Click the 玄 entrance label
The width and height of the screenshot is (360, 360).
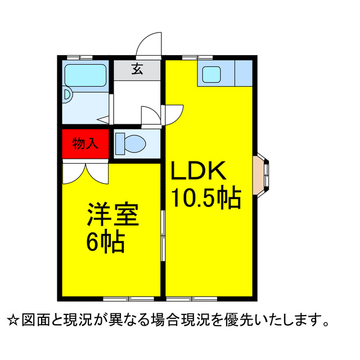point(137,69)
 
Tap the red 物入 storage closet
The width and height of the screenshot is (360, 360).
point(85,144)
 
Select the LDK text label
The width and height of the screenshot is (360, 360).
point(199,170)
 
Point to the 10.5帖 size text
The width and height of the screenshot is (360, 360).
point(206,198)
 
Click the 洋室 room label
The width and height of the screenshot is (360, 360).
point(113,214)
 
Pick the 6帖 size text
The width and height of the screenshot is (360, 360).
point(106,242)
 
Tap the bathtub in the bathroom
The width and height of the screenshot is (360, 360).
point(85,75)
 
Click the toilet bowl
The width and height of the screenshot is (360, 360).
point(135,144)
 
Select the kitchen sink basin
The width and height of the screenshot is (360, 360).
point(211,74)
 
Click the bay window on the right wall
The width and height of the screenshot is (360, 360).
point(261,175)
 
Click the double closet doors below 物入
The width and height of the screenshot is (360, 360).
point(85,174)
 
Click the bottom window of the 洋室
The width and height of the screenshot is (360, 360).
point(128,299)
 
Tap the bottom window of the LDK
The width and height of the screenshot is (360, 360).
point(192,299)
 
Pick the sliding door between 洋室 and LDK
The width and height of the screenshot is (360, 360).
point(163,236)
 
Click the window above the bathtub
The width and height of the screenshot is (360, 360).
point(79,57)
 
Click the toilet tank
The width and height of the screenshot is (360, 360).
point(120,144)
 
